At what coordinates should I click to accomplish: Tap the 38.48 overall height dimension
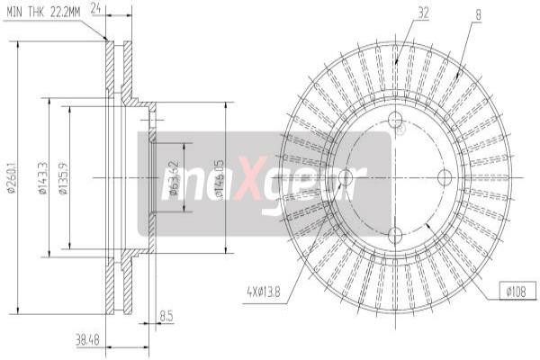point(87,340)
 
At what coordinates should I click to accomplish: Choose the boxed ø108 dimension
point(517,290)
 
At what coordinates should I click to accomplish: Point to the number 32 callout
point(423,12)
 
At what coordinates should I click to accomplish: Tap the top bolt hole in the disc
point(395,121)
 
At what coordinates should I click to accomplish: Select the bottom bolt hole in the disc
point(395,234)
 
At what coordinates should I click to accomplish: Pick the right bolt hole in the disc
point(445,177)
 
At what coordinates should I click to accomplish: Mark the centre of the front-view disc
point(395,177)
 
